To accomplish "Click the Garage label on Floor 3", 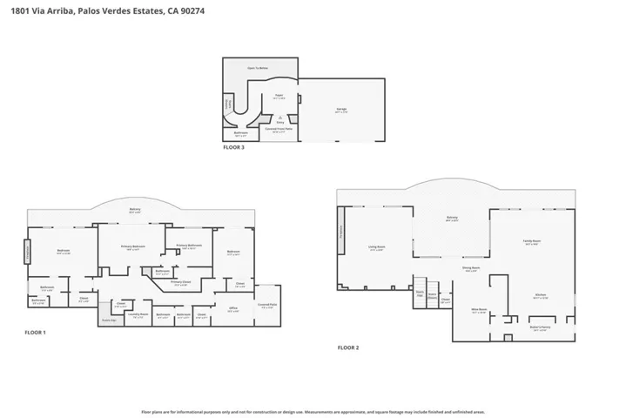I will tap(341, 110).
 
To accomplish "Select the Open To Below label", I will tap(257, 67).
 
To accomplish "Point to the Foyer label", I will tap(279, 97).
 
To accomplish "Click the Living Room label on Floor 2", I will tap(376, 248).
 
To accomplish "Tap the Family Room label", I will tap(532, 241).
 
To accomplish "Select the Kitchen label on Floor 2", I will tap(540, 294).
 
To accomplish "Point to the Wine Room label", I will tap(478, 309).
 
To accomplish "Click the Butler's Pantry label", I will tap(538, 327).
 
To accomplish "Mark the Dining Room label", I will tap(471, 268).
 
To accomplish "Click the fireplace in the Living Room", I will tap(340, 231).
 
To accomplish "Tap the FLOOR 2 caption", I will tap(348, 347).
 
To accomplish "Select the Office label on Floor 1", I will tap(233, 309).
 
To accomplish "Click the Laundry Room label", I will tap(137, 314).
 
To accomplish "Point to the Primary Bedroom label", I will tap(132, 246).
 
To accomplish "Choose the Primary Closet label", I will tap(180, 282).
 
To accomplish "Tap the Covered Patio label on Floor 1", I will tap(266, 305).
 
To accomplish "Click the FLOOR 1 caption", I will tap(35, 333).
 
